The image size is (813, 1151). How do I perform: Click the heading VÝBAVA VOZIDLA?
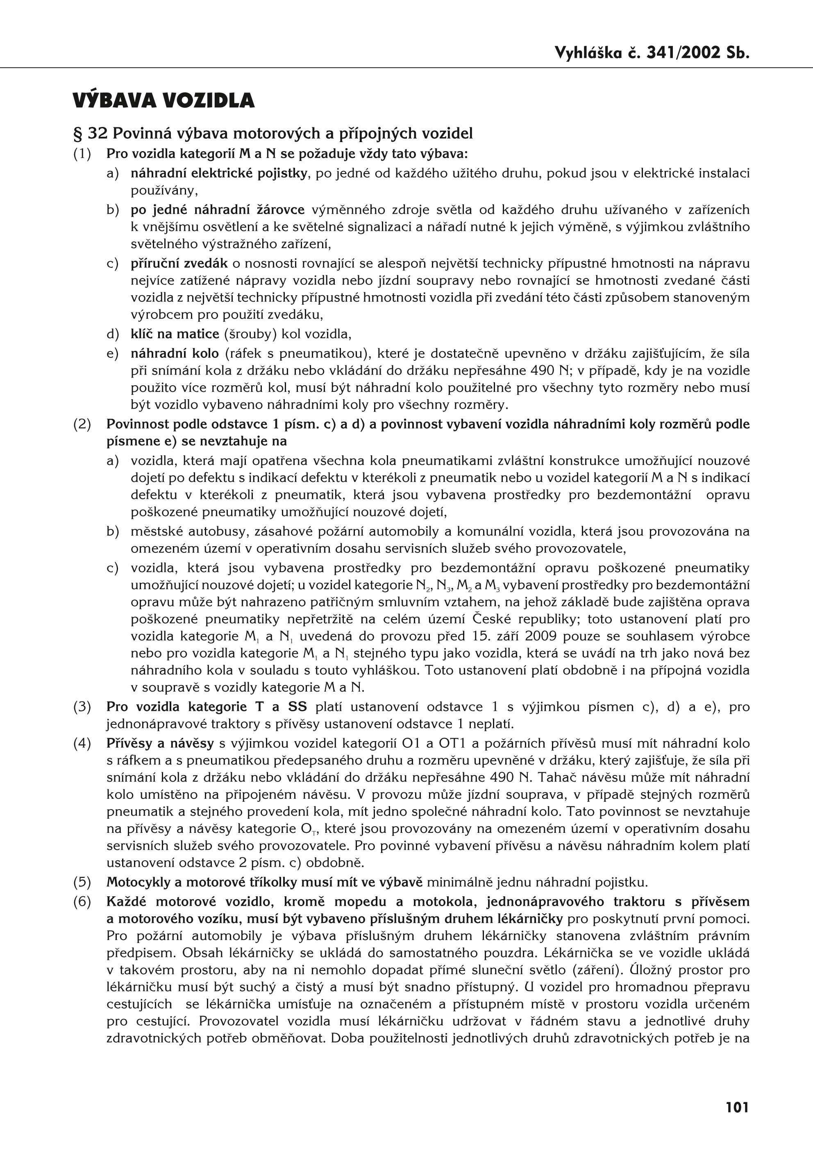pyautogui.click(x=164, y=101)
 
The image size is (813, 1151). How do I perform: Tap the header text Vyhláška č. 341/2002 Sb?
pyautogui.click(x=652, y=53)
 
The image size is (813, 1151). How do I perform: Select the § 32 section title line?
pyautogui.click(x=273, y=133)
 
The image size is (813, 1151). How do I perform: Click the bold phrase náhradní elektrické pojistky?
pyautogui.click(x=219, y=174)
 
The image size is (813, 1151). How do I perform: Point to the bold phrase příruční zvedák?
pyautogui.click(x=179, y=263)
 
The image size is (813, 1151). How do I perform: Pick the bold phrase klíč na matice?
pyautogui.click(x=175, y=333)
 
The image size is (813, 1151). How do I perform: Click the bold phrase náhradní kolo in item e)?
pyautogui.click(x=175, y=353)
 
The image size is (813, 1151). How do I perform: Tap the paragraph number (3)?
pyautogui.click(x=82, y=707)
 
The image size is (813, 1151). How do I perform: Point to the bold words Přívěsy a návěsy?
pyautogui.click(x=160, y=744)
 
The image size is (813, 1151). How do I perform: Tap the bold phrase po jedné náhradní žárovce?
pyautogui.click(x=218, y=210)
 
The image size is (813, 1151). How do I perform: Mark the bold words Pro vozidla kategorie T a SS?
pyautogui.click(x=207, y=707)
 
